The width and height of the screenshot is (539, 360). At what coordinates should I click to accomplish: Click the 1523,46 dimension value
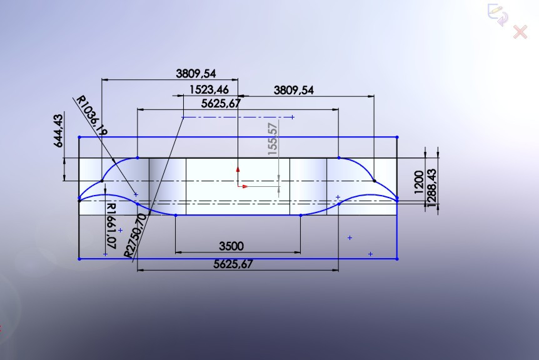pyautogui.click(x=208, y=90)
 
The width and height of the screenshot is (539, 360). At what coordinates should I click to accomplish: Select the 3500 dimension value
pyautogui.click(x=231, y=246)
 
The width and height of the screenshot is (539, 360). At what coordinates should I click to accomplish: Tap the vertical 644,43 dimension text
pyautogui.click(x=59, y=130)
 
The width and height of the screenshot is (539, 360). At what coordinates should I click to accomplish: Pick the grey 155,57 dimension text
pyautogui.click(x=272, y=139)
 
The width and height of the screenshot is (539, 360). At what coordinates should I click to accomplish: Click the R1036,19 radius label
pyautogui.click(x=91, y=116)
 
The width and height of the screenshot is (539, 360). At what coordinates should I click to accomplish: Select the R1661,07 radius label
pyautogui.click(x=111, y=226)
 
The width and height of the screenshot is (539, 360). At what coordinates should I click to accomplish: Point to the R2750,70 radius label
pyautogui.click(x=135, y=235)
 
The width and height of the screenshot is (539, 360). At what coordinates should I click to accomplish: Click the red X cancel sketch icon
pyautogui.click(x=520, y=32)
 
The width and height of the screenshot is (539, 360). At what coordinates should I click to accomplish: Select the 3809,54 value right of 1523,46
pyautogui.click(x=293, y=90)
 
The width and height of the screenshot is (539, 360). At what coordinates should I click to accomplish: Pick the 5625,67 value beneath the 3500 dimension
pyautogui.click(x=233, y=264)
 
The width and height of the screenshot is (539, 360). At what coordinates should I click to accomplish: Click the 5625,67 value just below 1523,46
pyautogui.click(x=221, y=103)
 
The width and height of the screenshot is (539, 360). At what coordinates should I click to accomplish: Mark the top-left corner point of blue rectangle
pyautogui.click(x=79, y=137)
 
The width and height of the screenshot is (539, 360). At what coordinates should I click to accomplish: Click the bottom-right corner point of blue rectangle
pyautogui.click(x=398, y=258)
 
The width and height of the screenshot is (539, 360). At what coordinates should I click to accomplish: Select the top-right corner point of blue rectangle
pyautogui.click(x=398, y=137)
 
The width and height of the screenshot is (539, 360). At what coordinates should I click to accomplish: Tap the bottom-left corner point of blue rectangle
pyautogui.click(x=79, y=258)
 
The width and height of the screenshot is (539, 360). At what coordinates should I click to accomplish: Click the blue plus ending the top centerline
pyautogui.click(x=293, y=117)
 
